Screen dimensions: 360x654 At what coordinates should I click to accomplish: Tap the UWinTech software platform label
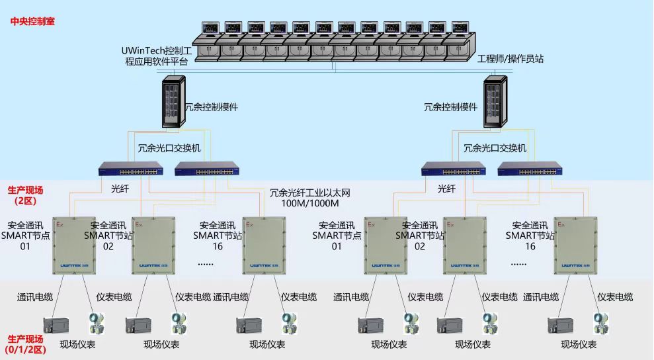157,56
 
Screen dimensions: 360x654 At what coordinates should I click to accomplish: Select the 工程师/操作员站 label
511,59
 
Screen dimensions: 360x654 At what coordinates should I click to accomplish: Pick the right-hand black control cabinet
495,101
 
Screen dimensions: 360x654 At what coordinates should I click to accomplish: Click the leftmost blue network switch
132,169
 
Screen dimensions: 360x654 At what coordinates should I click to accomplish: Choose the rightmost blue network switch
530,169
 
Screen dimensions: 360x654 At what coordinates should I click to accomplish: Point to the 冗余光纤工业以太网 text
309,193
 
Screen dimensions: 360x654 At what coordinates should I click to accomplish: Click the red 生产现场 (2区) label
25,195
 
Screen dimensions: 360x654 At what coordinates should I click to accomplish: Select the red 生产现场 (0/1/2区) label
25,343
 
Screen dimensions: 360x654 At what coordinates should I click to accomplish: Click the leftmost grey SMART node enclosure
75,246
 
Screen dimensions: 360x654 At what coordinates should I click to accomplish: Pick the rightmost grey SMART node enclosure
575,246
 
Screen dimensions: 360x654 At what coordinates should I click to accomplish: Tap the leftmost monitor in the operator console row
211,28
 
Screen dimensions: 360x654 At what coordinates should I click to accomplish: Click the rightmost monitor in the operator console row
459,28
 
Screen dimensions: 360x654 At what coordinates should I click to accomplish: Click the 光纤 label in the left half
120,189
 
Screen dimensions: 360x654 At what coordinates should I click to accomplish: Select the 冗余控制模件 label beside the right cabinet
450,107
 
